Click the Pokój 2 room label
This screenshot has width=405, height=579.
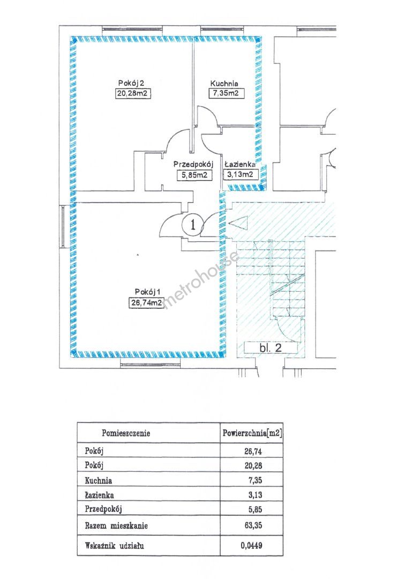[132, 83]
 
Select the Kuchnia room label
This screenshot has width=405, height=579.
[224, 83]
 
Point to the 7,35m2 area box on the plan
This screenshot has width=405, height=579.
[224, 94]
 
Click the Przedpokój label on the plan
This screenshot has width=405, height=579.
[193, 165]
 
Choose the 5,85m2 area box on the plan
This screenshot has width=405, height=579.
[193, 174]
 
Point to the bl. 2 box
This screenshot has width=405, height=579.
[271, 347]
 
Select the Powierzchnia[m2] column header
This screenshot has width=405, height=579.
[252, 432]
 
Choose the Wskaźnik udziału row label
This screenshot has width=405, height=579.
[115, 546]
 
